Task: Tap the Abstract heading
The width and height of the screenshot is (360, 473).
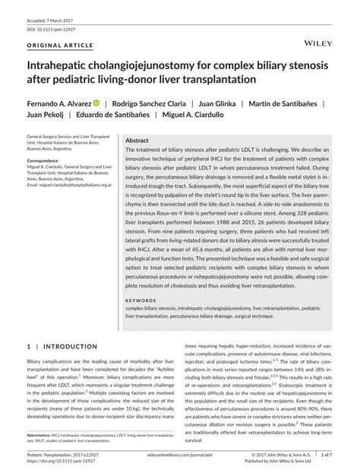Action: coord(137,141)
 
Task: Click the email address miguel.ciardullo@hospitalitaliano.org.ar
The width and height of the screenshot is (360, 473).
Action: coord(67,184)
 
